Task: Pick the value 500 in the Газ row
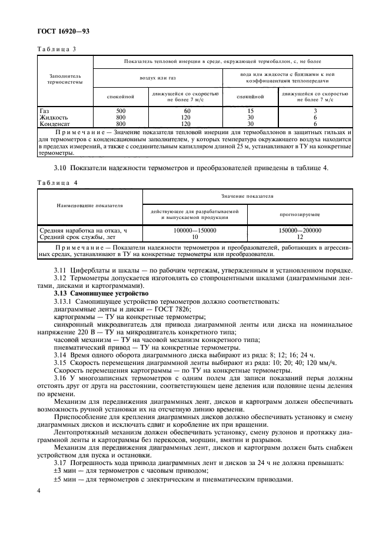click(121, 111)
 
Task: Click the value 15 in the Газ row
click(250, 111)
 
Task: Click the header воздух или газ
click(157, 77)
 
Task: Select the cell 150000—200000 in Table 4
click(300, 231)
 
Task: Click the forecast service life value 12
click(300, 237)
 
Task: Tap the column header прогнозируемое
click(300, 215)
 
